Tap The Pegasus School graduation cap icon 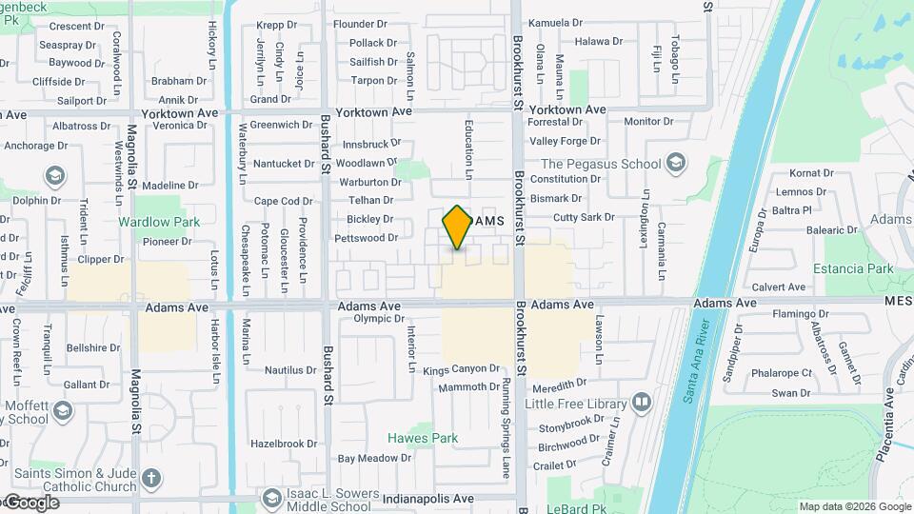(x=676, y=163)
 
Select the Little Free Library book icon (x=643, y=403)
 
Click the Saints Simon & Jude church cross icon (x=151, y=478)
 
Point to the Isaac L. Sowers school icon (x=272, y=497)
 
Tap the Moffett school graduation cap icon (x=63, y=411)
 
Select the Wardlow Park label (x=159, y=222)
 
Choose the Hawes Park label (x=423, y=439)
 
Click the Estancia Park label (x=853, y=269)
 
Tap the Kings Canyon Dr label (x=462, y=369)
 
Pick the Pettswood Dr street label (x=366, y=237)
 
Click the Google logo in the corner (x=30, y=503)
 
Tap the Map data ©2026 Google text (x=854, y=506)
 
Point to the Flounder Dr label (x=366, y=24)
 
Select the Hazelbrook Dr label (x=284, y=444)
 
